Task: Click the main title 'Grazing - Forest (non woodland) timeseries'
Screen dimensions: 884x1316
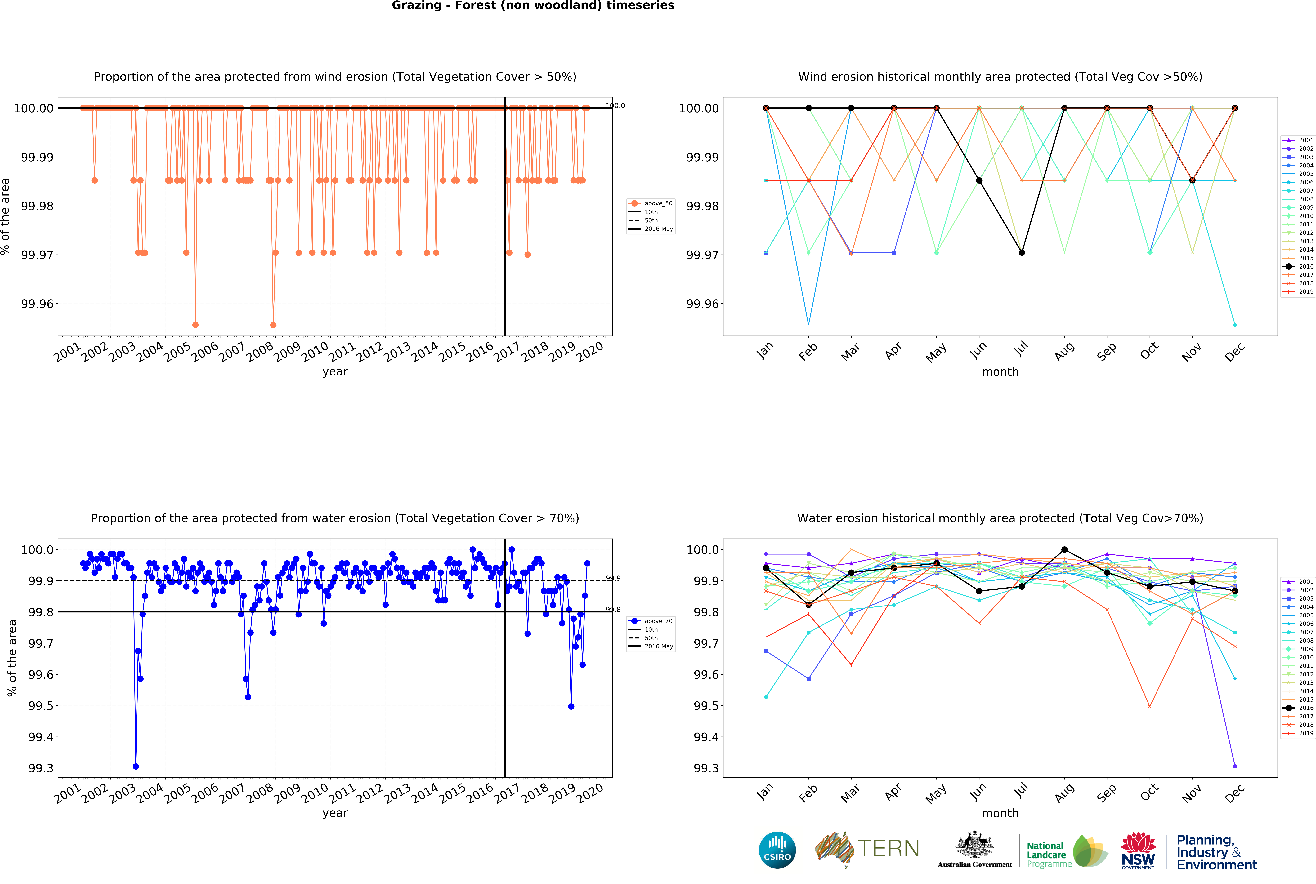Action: pos(533,6)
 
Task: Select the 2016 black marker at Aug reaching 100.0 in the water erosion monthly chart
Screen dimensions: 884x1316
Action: pos(1064,550)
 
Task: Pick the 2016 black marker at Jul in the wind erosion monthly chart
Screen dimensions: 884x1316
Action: pos(1022,253)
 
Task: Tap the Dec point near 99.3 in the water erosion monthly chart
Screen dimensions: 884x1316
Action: pos(1235,766)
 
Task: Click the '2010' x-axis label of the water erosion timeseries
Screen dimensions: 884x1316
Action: pos(314,794)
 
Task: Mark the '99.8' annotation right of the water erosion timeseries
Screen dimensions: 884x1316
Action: pos(613,609)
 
